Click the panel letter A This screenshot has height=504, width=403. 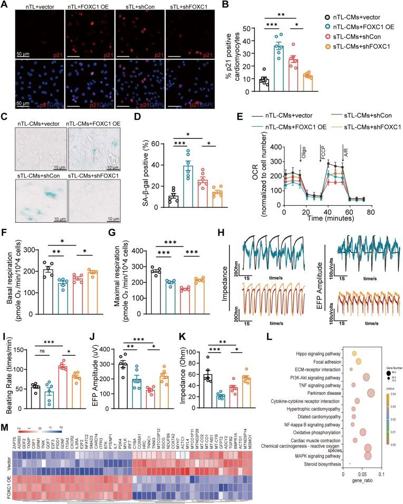[x=5, y=5]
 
